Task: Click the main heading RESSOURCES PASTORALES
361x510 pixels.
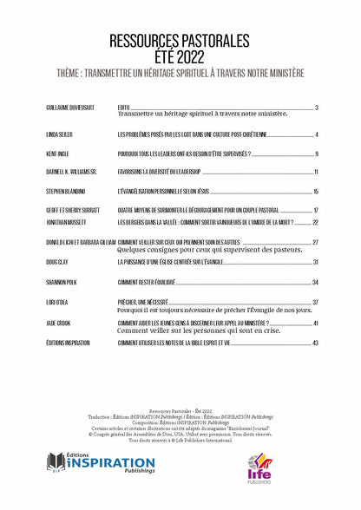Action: [x=180, y=40]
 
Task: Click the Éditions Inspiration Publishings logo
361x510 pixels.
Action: [x=101, y=464]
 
